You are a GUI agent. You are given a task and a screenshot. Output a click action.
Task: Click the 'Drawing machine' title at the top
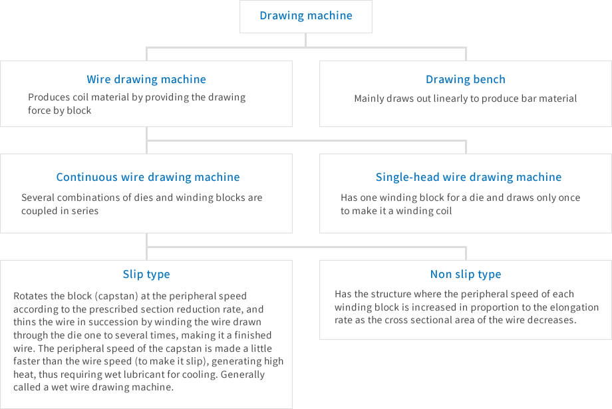pyautogui.click(x=306, y=15)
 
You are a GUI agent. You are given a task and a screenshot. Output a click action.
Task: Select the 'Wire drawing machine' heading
pyautogui.click(x=146, y=79)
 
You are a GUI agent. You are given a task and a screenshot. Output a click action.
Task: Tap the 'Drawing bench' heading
pyautogui.click(x=466, y=79)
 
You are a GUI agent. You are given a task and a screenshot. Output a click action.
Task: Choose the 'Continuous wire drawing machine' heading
pyautogui.click(x=148, y=177)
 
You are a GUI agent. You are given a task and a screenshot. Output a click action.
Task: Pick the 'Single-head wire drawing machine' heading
pyautogui.click(x=468, y=177)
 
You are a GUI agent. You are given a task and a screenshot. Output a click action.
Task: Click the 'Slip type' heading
pyautogui.click(x=146, y=275)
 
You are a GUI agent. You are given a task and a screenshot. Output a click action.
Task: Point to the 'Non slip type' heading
pyautogui.click(x=466, y=275)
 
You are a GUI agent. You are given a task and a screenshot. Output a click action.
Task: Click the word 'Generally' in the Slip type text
pyautogui.click(x=242, y=374)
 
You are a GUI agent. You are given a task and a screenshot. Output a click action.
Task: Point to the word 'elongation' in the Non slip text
pyautogui.click(x=575, y=307)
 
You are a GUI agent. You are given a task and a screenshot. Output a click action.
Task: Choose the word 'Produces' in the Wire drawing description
pyautogui.click(x=44, y=97)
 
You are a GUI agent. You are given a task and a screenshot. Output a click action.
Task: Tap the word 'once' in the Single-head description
pyautogui.click(x=569, y=198)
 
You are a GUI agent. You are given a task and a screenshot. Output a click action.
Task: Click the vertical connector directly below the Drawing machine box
pyautogui.click(x=305, y=40)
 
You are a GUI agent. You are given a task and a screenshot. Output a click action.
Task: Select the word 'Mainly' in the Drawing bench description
pyautogui.click(x=369, y=98)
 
